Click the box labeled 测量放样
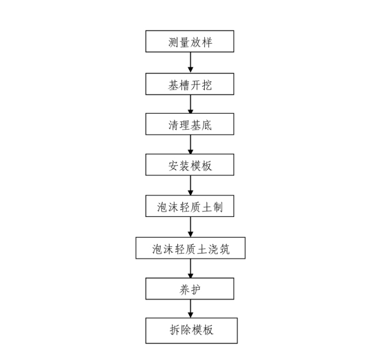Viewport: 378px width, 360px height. (x=190, y=42)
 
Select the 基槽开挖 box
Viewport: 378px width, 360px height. (x=190, y=84)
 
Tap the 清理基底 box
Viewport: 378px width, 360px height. (x=190, y=125)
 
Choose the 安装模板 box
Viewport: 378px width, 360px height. (x=190, y=165)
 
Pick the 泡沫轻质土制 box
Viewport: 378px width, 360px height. (x=190, y=206)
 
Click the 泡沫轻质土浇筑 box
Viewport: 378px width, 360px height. (x=190, y=248)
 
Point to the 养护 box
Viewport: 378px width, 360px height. (x=190, y=289)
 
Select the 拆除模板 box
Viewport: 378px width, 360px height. (x=190, y=330)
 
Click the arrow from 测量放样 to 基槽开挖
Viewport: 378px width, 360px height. (x=190, y=63)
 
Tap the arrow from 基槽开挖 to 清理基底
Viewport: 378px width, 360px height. (x=190, y=104)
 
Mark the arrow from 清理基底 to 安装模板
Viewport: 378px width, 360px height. (x=190, y=145)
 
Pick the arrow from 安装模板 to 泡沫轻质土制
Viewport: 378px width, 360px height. (x=190, y=186)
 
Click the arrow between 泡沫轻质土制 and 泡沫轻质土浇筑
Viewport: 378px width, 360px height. (x=190, y=227)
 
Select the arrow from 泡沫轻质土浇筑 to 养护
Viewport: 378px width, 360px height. (x=190, y=269)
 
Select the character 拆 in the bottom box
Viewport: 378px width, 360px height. (x=173, y=330)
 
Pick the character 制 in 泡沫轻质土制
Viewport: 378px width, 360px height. (x=218, y=207)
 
